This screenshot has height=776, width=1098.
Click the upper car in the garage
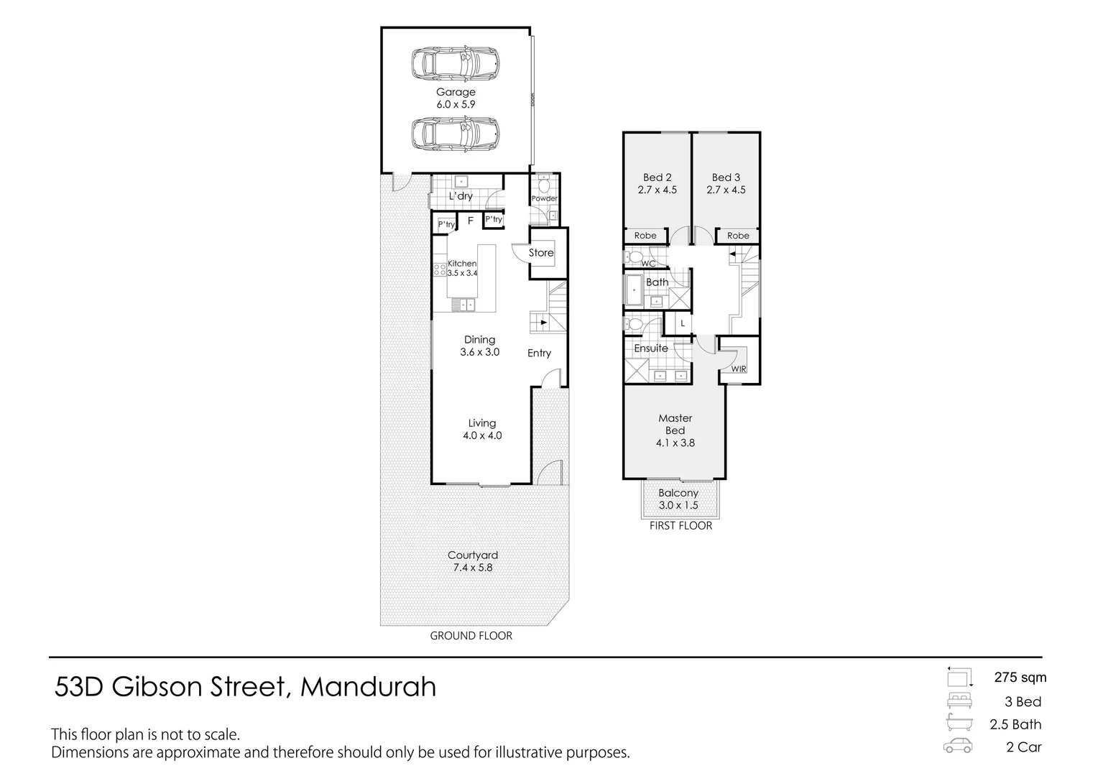point(456,63)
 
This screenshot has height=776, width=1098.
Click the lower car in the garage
point(456,134)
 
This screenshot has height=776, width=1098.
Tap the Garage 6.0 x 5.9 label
point(456,98)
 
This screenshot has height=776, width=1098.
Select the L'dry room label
point(461,196)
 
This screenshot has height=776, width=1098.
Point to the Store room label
point(541,253)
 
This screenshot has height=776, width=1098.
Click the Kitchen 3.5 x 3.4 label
point(462,268)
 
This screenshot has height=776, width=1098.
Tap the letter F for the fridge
point(471,221)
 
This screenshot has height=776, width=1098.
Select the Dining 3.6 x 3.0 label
point(479,346)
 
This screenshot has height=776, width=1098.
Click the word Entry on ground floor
point(539,353)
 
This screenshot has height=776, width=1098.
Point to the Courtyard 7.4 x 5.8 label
point(472,561)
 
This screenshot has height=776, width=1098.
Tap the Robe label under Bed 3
point(738,236)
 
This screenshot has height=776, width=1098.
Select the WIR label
point(739,369)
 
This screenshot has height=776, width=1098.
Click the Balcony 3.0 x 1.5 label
point(678,499)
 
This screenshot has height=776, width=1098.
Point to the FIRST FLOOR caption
point(681,526)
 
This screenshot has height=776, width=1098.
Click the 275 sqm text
point(1020,678)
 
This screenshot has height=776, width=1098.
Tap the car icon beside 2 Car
point(958,746)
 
